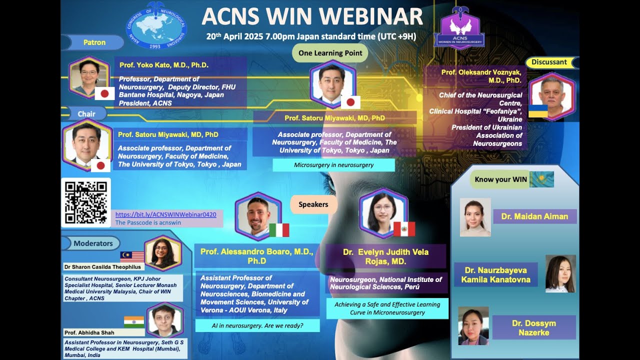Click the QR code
click(x=85, y=202)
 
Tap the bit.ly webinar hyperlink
click(x=165, y=214)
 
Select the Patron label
click(x=94, y=42)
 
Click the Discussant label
click(x=549, y=62)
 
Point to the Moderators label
click(x=93, y=243)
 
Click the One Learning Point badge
click(x=330, y=53)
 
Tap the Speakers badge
click(x=313, y=204)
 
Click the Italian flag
click(x=279, y=230)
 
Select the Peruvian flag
click(x=404, y=229)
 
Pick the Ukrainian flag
click(x=538, y=111)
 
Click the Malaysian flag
click(x=132, y=257)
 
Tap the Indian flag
click(x=134, y=321)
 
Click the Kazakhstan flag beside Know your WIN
click(x=541, y=179)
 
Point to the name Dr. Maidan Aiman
click(x=534, y=216)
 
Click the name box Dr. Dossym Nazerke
click(x=533, y=327)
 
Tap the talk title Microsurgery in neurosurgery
click(x=333, y=165)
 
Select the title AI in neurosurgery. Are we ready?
click(x=257, y=326)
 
